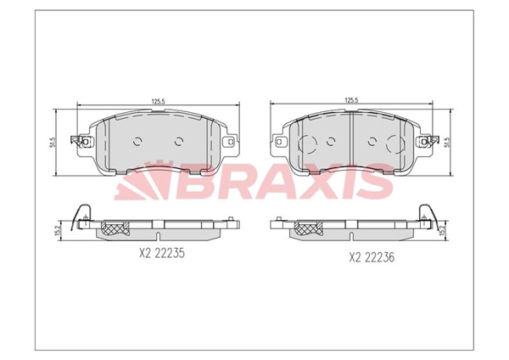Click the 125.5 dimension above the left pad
[x=158, y=101]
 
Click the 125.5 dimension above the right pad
[x=351, y=100]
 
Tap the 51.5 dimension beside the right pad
[x=449, y=143]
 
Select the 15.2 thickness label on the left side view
[x=58, y=231]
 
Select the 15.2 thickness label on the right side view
[x=441, y=231]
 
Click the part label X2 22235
[x=162, y=253]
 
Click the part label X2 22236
[x=372, y=257]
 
